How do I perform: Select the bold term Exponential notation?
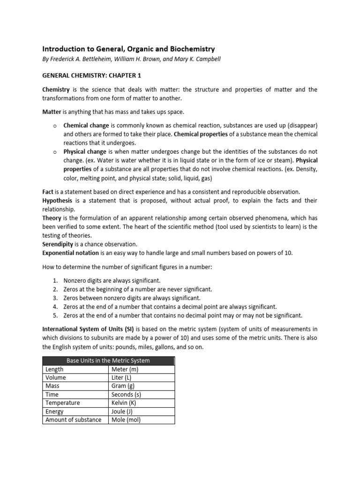(x=71, y=253)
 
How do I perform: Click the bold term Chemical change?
(x=85, y=126)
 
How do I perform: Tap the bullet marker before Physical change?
(x=55, y=152)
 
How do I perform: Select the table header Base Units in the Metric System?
(x=108, y=360)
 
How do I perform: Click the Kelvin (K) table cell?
(x=123, y=403)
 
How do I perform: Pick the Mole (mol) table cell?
(x=126, y=420)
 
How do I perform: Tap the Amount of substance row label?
(x=73, y=420)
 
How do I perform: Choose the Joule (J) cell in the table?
(x=122, y=411)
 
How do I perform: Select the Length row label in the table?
(x=54, y=369)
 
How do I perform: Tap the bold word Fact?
(x=48, y=192)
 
